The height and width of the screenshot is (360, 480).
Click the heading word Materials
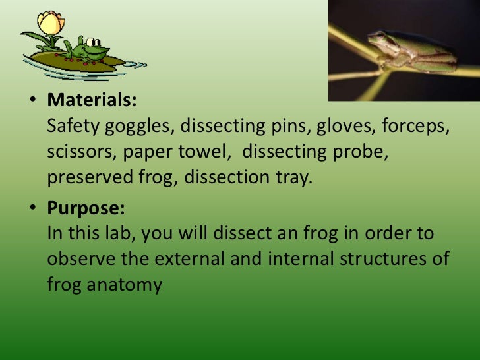(92, 102)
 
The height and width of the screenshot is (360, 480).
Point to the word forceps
(415, 127)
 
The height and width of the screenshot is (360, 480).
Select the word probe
(361, 152)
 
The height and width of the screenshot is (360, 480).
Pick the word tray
(291, 178)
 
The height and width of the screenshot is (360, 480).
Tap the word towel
(208, 152)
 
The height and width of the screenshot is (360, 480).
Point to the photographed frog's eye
(380, 36)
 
